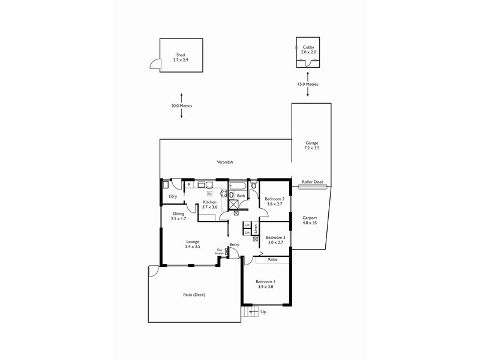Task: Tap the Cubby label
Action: (308, 47)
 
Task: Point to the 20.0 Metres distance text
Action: (181, 106)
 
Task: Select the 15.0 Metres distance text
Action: (308, 85)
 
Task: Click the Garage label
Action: (312, 143)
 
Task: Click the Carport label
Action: (310, 218)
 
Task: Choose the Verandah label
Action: (225, 162)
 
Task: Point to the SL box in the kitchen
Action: (209, 194)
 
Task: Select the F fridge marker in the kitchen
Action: (189, 185)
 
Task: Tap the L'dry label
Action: (173, 196)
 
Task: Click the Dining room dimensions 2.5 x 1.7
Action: (179, 220)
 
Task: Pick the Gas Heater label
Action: (220, 252)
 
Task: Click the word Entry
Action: (234, 244)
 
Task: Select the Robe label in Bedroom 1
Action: (272, 260)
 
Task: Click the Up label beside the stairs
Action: (263, 311)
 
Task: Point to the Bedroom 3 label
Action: (275, 237)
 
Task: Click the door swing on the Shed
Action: (155, 64)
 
